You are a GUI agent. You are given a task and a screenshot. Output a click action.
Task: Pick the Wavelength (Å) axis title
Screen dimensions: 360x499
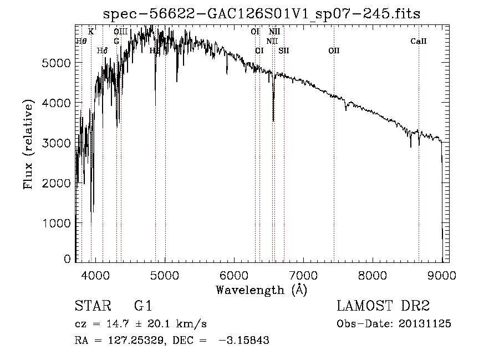coord(261,290)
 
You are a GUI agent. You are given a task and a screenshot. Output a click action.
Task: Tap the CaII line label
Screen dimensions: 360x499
coord(419,41)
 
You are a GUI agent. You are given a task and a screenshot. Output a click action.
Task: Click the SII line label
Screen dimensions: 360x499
coord(284,50)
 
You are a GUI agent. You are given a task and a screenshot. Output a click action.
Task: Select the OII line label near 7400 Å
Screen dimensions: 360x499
coord(334,50)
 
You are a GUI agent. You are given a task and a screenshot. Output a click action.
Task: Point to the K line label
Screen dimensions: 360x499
coord(91,32)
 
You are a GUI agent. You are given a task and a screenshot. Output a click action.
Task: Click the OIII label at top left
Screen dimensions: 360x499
coord(121,32)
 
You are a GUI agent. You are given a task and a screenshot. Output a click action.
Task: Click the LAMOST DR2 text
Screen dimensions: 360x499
coord(383,306)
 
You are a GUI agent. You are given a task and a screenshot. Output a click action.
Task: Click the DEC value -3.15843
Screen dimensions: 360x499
coord(244,341)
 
